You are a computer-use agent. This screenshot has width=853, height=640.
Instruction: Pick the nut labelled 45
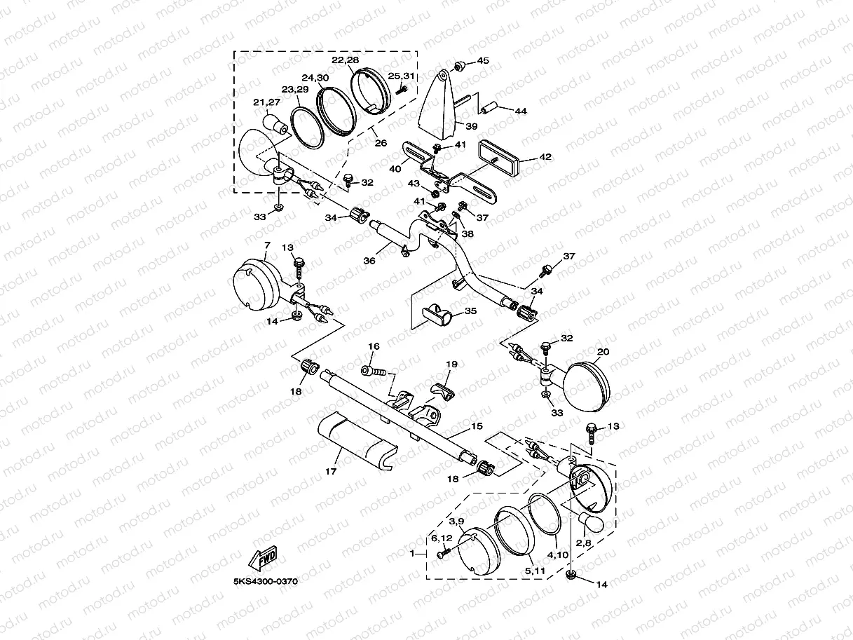(x=460, y=66)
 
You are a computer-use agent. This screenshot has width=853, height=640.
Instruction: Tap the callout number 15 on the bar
(x=477, y=426)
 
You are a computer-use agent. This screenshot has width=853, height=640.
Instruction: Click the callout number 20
(x=603, y=351)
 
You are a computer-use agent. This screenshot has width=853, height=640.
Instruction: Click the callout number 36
(x=369, y=260)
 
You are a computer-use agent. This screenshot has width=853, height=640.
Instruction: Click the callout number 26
(x=380, y=144)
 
